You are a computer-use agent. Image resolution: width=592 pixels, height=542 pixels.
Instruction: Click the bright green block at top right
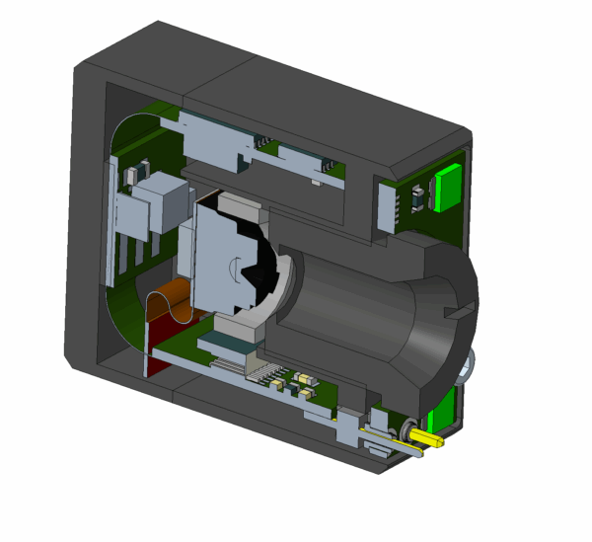[448, 185]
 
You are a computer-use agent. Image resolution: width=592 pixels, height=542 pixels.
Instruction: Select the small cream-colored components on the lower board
[305, 384]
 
